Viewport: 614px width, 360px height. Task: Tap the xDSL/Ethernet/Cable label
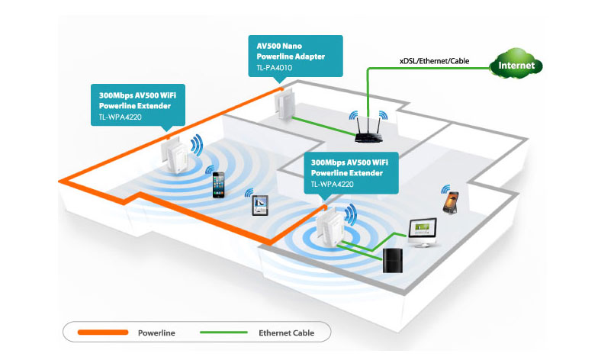tap(434, 61)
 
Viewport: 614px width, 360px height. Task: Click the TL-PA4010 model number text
tap(274, 67)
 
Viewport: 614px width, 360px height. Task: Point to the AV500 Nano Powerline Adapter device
tap(284, 104)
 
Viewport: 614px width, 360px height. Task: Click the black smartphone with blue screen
tap(218, 185)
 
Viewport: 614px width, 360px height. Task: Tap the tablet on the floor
tap(260, 205)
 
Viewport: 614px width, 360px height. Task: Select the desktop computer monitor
tap(423, 233)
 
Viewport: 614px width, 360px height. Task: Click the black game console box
tap(392, 260)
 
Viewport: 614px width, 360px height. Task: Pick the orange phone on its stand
tap(451, 202)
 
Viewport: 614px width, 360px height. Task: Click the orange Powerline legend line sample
tap(103, 333)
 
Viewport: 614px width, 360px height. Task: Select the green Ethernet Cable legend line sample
tap(223, 333)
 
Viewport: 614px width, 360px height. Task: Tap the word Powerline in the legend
tap(156, 333)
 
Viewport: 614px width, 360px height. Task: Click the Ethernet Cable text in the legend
tap(286, 333)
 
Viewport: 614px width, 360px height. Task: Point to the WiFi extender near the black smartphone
tap(175, 156)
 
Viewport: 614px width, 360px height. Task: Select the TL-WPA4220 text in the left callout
tap(121, 117)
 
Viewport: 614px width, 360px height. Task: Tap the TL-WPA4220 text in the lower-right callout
tap(332, 184)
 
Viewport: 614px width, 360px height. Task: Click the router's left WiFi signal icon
tap(354, 115)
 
